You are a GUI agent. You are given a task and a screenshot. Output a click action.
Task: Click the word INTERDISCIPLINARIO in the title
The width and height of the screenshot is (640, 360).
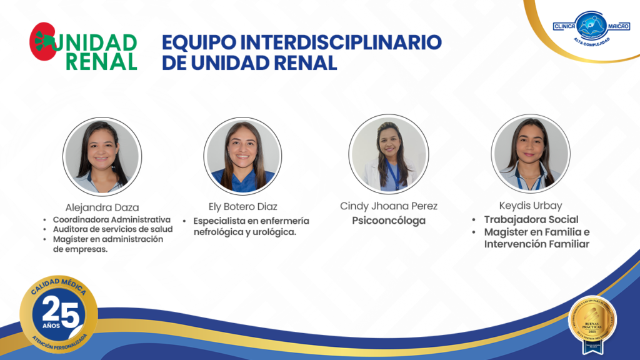pyautogui.click(x=341, y=42)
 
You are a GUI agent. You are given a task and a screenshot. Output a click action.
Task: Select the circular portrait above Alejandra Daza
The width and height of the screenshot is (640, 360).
pyautogui.click(x=102, y=156)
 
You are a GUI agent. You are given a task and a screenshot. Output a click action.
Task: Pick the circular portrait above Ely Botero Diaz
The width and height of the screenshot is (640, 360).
pyautogui.click(x=242, y=156)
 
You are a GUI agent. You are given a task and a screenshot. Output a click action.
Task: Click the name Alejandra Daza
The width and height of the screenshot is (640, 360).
pyautogui.click(x=102, y=207)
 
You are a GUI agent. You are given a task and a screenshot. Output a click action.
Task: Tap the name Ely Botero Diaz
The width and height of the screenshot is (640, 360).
pyautogui.click(x=242, y=206)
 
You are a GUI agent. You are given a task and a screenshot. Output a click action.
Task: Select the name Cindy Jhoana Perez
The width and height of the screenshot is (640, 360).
pyautogui.click(x=388, y=206)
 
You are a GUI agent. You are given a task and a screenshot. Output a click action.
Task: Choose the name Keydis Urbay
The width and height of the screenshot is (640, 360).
pyautogui.click(x=530, y=206)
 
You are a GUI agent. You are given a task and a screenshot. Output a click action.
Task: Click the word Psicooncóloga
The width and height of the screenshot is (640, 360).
pyautogui.click(x=388, y=221)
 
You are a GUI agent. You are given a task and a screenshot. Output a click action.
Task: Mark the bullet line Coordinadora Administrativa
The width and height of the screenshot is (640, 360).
pyautogui.click(x=111, y=219)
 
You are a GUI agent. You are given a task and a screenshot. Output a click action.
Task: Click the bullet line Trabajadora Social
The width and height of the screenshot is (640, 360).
pyautogui.click(x=531, y=219)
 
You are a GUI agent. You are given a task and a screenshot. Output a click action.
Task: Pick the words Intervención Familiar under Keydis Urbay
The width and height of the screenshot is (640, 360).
pyautogui.click(x=536, y=244)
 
